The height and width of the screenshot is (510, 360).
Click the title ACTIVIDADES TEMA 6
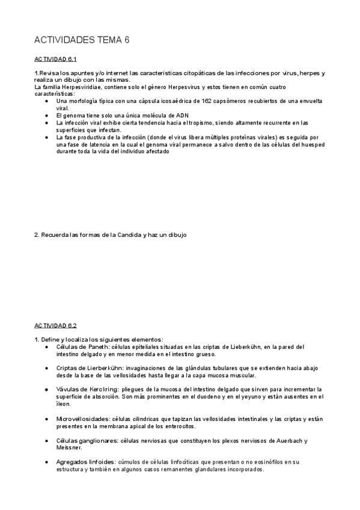[x=82, y=40]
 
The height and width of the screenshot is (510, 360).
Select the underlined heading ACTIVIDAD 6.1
[x=55, y=60]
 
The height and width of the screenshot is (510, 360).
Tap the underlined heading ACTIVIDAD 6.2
[x=55, y=325]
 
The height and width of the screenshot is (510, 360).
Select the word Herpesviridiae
[x=75, y=88]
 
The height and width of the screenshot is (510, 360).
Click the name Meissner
[x=69, y=447]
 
